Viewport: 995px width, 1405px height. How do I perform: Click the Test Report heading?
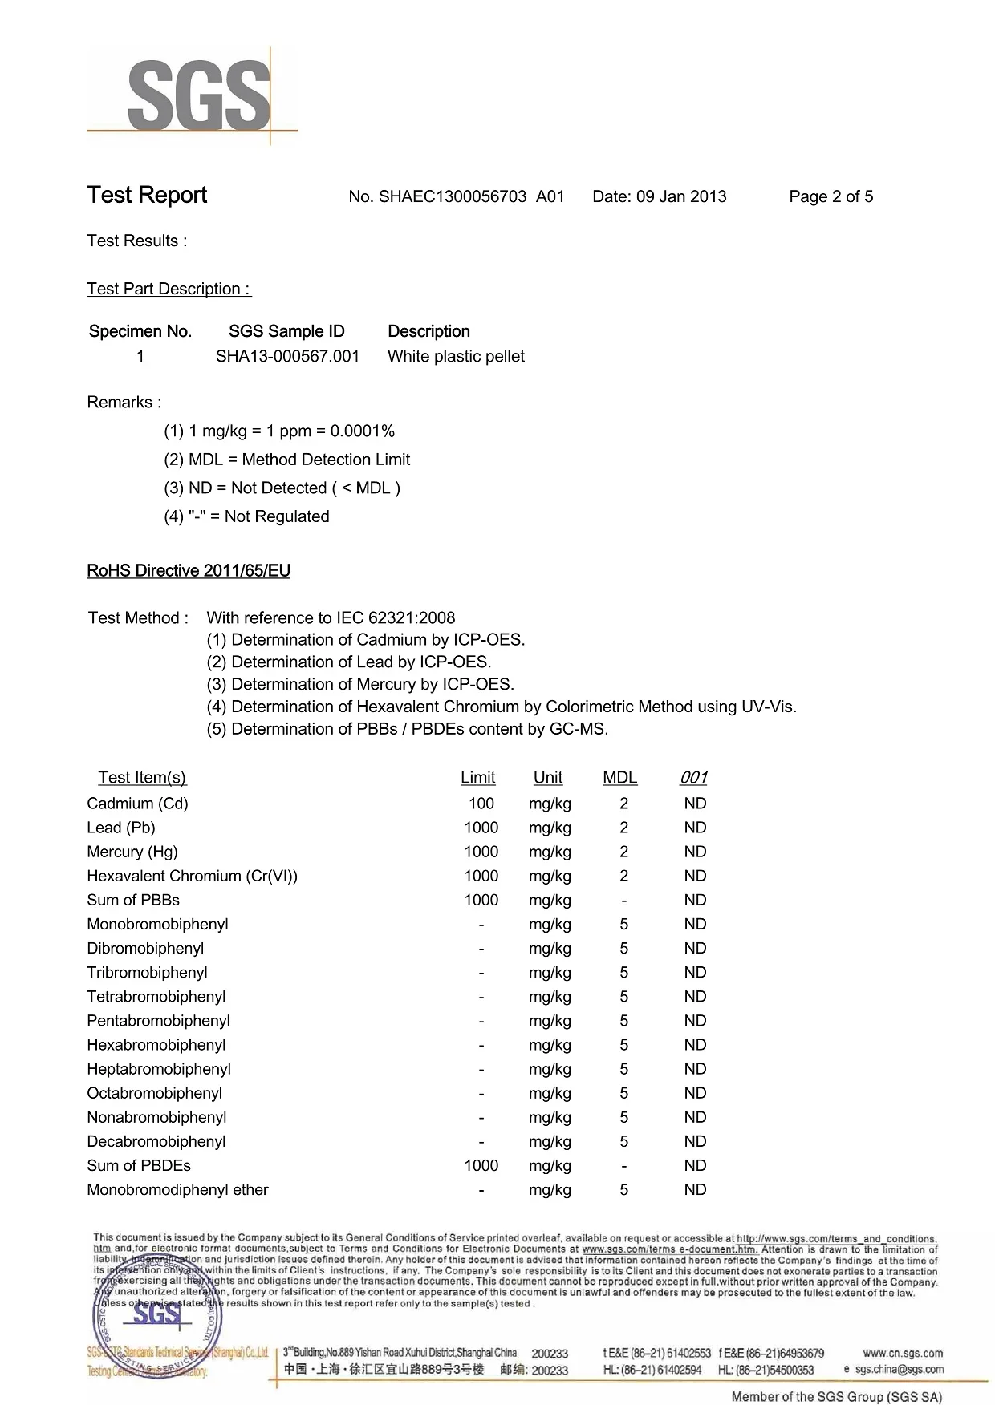point(147,195)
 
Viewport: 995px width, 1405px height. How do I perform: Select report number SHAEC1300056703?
point(453,196)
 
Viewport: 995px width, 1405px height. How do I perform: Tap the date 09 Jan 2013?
point(680,196)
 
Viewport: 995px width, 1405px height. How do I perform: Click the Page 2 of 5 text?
point(831,196)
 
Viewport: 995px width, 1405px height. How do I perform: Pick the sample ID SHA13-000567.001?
point(287,356)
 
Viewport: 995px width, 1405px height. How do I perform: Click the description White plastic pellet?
point(456,356)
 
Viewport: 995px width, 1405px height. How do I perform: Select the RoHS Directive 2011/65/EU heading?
point(189,571)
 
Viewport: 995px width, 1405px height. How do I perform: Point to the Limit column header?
point(478,777)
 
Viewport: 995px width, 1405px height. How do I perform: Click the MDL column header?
point(619,777)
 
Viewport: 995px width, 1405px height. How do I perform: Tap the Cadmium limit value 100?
point(481,804)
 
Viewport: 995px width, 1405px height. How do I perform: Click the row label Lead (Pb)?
point(121,828)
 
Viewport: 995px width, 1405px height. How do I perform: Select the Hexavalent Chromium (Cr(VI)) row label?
point(193,876)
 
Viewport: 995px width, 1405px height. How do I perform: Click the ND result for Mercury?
point(695,852)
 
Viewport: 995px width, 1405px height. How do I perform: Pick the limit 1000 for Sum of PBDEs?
point(481,1165)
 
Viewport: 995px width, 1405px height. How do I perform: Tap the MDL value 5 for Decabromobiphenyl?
point(624,1141)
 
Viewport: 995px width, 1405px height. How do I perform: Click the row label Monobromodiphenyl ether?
point(178,1189)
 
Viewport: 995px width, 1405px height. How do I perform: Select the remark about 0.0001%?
point(279,431)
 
